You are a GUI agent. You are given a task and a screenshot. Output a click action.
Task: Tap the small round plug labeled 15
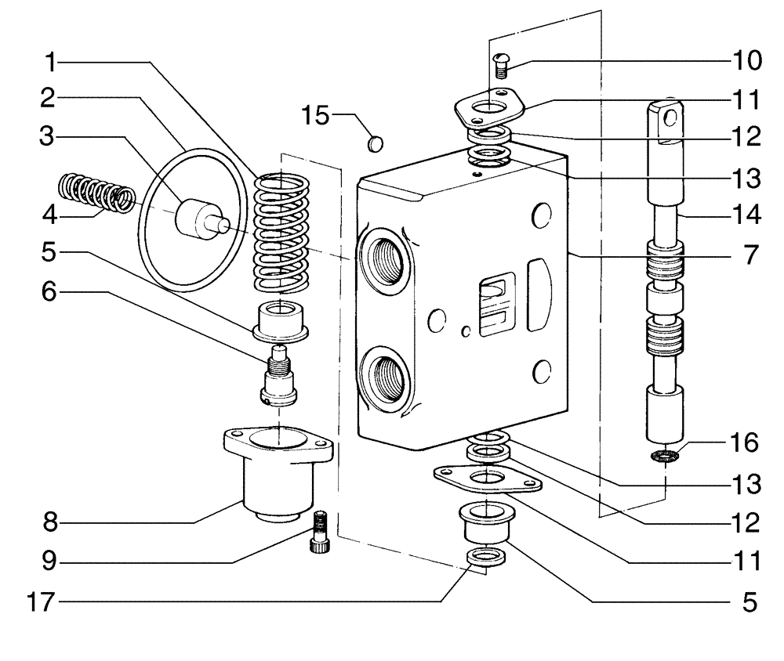(x=375, y=143)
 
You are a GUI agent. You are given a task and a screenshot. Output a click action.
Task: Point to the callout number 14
(x=742, y=213)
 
